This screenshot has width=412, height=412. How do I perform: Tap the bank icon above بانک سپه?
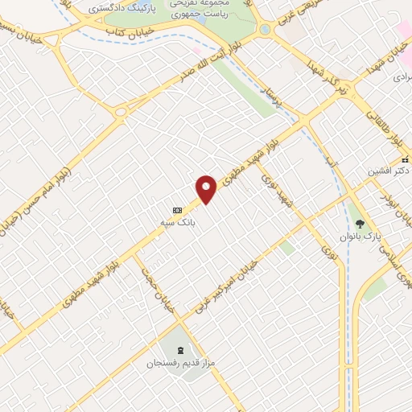177,210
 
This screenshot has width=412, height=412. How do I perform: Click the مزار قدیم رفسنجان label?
178,364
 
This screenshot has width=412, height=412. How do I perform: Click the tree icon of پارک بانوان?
360,224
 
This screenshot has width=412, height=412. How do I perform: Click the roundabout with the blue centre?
265,30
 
